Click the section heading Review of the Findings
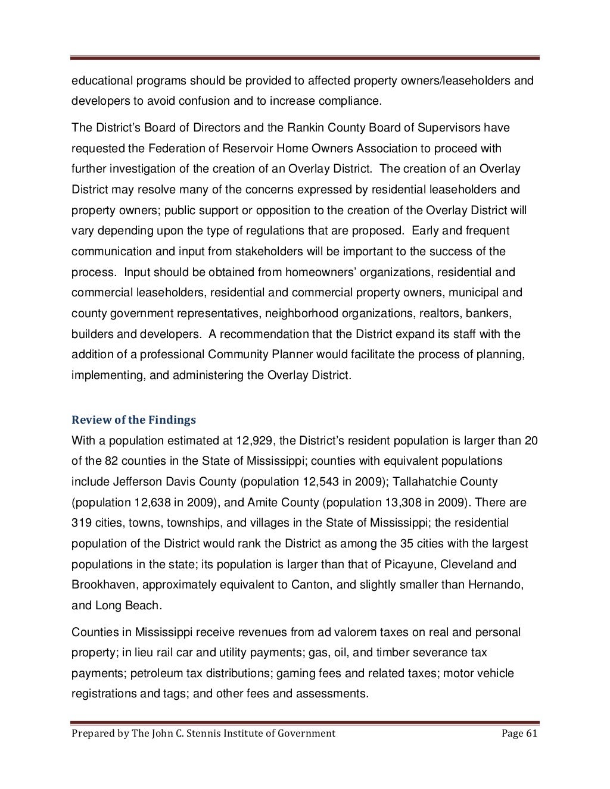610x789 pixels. [x=133, y=420]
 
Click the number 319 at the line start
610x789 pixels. [x=80, y=523]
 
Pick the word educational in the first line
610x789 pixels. [x=98, y=80]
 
